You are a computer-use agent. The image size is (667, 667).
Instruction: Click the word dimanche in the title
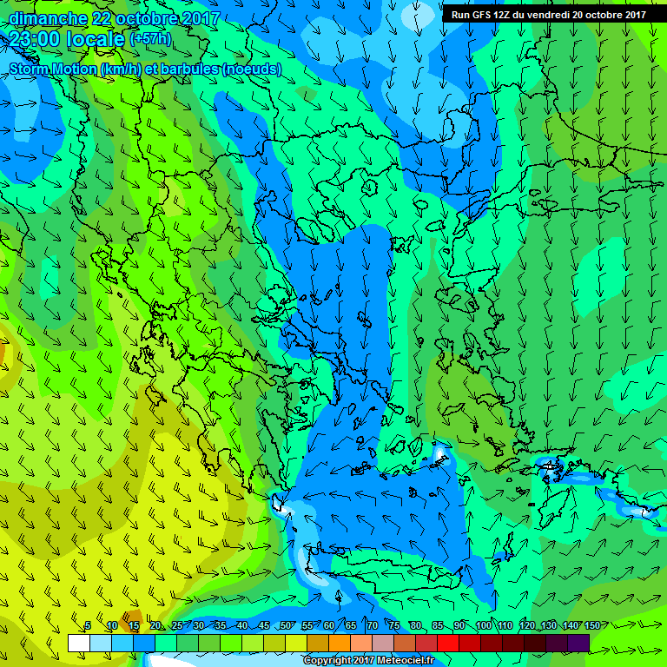[x=47, y=18]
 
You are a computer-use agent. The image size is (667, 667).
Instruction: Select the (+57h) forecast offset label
[x=150, y=39]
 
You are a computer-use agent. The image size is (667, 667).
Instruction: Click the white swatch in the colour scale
[x=79, y=643]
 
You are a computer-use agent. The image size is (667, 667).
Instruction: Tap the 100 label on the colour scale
[x=483, y=626]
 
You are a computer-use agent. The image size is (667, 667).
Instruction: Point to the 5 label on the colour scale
[x=88, y=626]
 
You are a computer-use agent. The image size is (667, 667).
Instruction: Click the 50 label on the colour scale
[x=285, y=626]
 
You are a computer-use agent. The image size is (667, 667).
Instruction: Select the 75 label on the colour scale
[x=393, y=626]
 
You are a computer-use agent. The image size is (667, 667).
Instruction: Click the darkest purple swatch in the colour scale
[x=578, y=643]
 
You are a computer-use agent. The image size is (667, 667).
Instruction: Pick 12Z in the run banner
[x=503, y=14]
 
